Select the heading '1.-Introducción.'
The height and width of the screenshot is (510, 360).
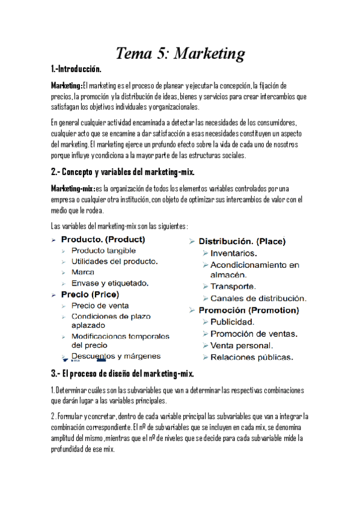tap(76, 70)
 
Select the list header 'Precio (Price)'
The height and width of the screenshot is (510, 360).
tap(90, 295)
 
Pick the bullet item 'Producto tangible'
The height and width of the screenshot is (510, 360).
tap(103, 251)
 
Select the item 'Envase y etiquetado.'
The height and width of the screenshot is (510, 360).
tap(110, 283)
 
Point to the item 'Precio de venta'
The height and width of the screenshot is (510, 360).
tap(100, 306)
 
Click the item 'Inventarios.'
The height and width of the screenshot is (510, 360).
tap(234, 253)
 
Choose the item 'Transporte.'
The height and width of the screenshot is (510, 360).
tap(233, 286)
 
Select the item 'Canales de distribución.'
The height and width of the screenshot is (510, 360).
tap(258, 298)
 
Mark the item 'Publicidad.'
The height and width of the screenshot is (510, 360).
tap(232, 322)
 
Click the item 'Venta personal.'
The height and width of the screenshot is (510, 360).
tap(242, 346)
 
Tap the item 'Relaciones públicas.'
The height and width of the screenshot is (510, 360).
tap(252, 358)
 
